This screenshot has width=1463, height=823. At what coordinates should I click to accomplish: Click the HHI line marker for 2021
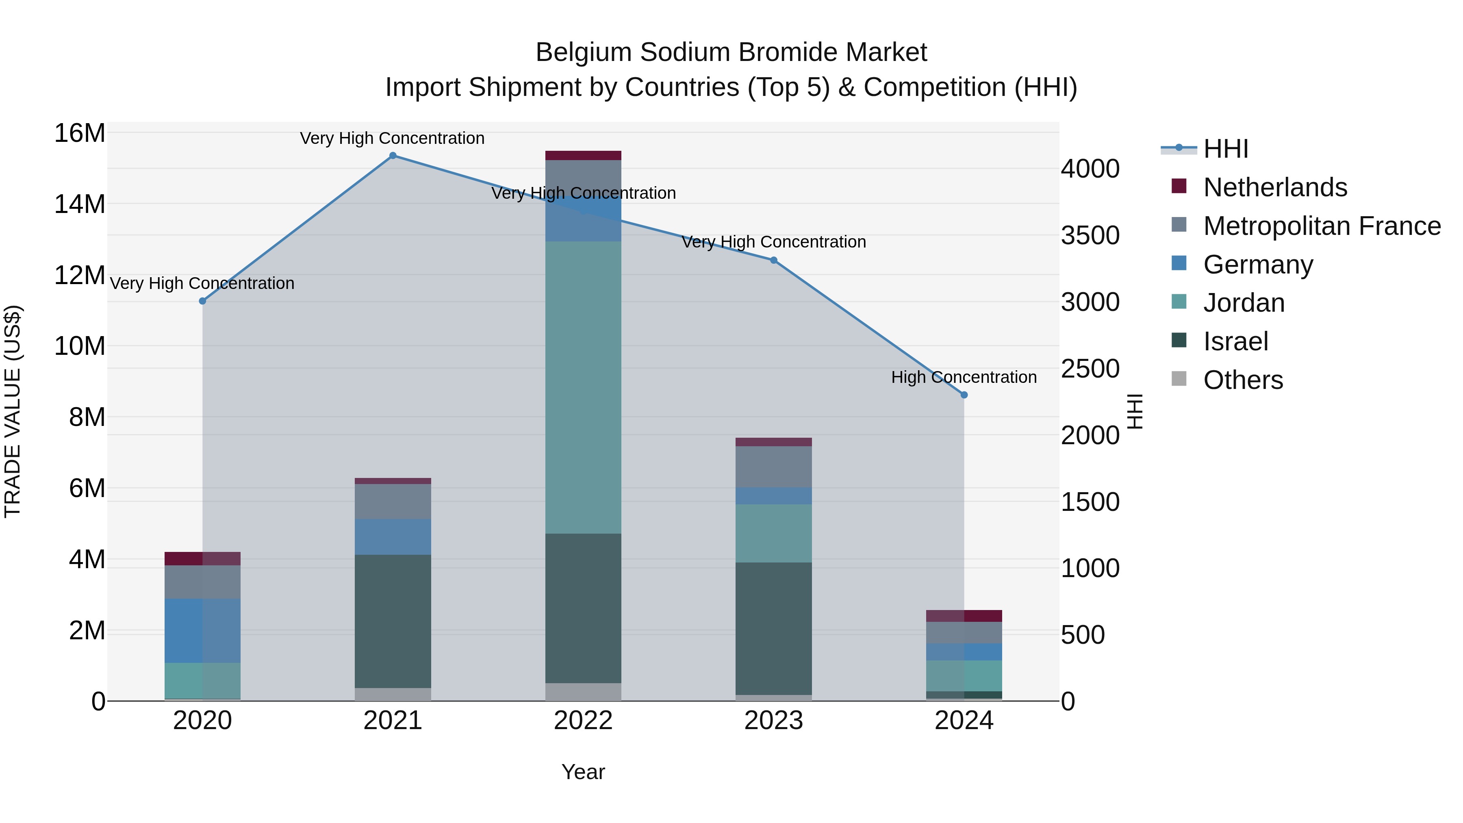[x=393, y=156]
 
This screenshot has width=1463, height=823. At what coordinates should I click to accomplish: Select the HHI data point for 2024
[x=964, y=395]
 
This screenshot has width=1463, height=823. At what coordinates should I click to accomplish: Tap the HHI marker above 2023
[x=773, y=260]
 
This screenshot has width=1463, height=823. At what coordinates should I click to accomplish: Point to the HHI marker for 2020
[x=202, y=301]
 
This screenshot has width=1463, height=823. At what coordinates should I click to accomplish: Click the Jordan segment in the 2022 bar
[x=583, y=386]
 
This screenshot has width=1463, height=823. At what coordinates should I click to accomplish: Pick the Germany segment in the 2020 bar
[x=202, y=630]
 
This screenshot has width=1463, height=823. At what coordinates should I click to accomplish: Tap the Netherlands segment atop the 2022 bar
[x=583, y=156]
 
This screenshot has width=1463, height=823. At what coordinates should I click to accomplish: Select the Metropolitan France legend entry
[x=1322, y=226]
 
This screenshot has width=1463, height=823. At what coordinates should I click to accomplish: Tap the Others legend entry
[x=1243, y=380]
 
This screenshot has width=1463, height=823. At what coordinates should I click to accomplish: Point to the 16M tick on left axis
[x=80, y=133]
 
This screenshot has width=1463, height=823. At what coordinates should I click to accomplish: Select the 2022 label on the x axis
[x=583, y=721]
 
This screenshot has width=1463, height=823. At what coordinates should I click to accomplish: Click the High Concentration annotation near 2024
[x=964, y=377]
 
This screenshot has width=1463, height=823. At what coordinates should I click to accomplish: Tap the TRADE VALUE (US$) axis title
[x=13, y=411]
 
